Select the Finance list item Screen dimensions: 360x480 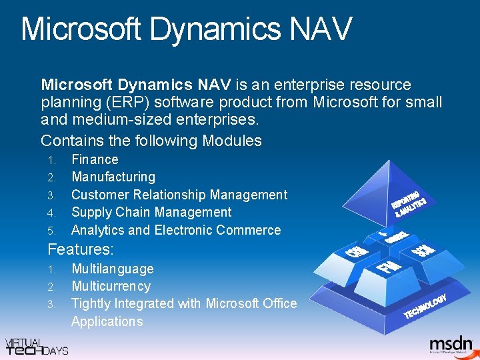[x=95, y=159]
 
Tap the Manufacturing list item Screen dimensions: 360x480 [x=113, y=177]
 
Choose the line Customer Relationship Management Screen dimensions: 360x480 [x=179, y=195]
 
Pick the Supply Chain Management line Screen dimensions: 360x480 [x=151, y=212]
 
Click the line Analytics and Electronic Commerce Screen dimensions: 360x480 [x=176, y=230]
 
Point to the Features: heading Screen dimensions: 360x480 [x=81, y=250]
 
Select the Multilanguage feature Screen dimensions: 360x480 [x=112, y=269]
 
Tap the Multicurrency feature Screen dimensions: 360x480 [x=111, y=286]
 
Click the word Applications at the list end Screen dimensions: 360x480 [x=107, y=321]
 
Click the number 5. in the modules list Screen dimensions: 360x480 [x=52, y=231]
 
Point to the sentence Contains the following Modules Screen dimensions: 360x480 [x=151, y=141]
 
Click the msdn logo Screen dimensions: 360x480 [x=451, y=343]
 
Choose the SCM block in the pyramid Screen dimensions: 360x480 [x=423, y=251]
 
